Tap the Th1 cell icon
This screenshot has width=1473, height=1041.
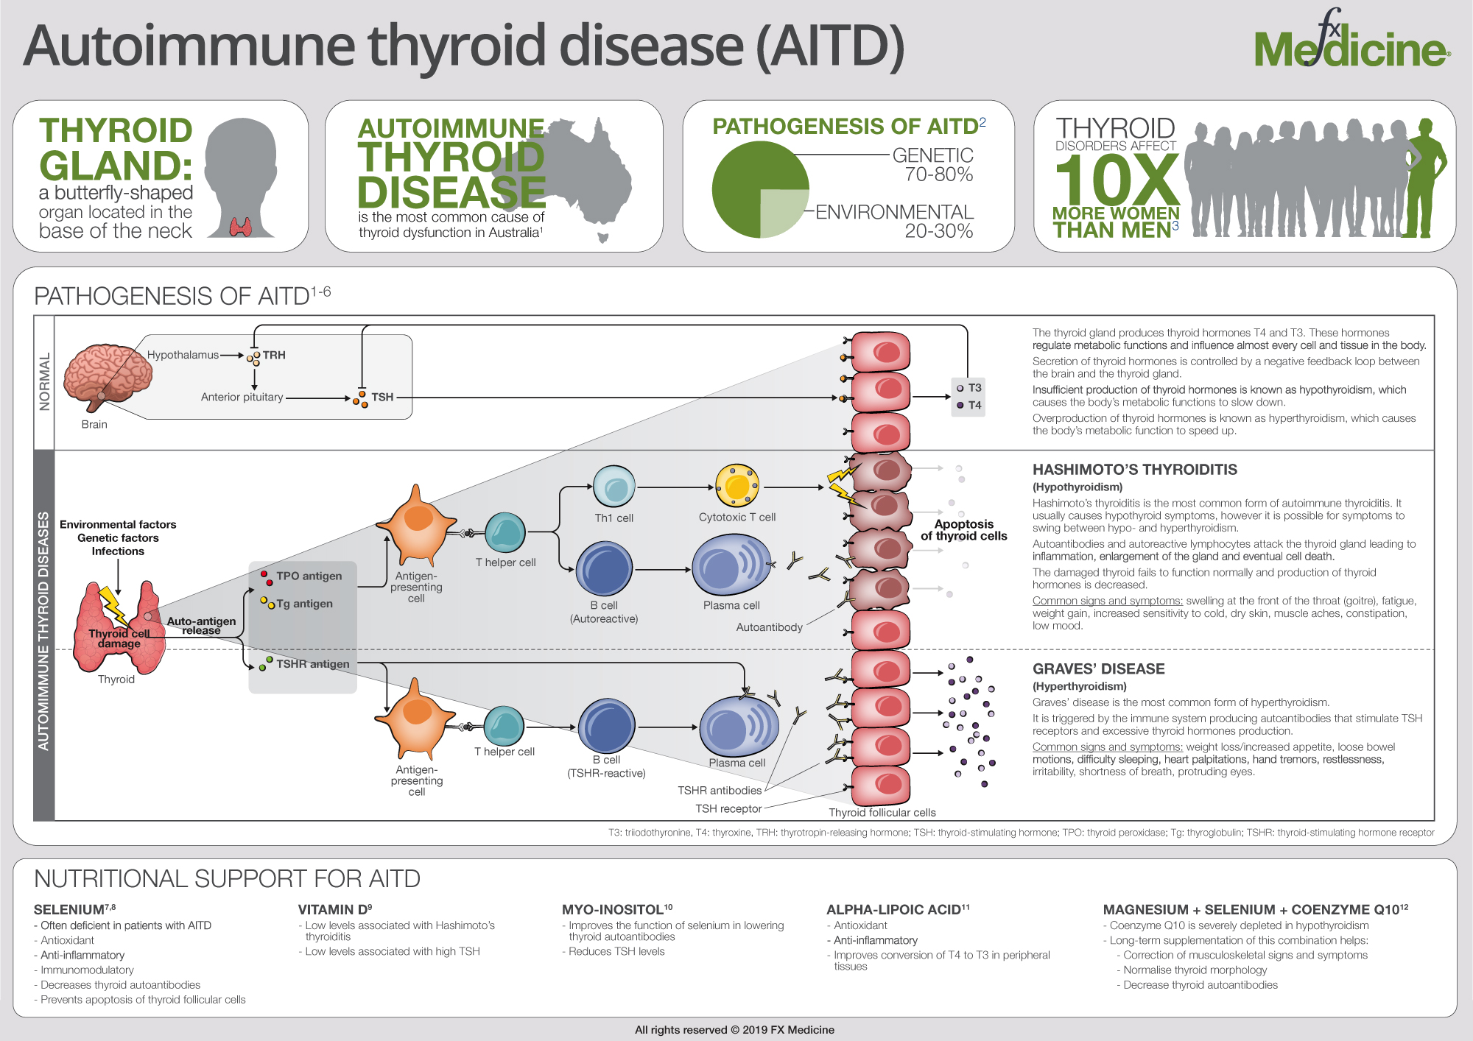[614, 487]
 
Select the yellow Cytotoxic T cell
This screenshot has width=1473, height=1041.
[737, 485]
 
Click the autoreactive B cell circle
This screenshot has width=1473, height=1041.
[604, 568]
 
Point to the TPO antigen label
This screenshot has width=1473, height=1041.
[309, 576]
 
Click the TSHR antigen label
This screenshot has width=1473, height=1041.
[313, 663]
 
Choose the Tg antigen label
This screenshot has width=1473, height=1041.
[305, 604]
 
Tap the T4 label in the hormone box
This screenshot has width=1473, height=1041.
[974, 405]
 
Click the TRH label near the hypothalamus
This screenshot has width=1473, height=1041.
[274, 355]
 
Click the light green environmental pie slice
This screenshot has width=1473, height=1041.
[784, 214]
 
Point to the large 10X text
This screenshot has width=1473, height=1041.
[1117, 180]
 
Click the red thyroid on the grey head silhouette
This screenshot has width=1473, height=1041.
[241, 226]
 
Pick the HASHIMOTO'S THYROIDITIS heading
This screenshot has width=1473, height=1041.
[1134, 470]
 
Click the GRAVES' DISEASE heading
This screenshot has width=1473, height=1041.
[1098, 669]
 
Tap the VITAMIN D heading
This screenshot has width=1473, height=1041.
[335, 909]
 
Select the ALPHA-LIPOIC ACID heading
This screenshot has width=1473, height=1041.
[898, 909]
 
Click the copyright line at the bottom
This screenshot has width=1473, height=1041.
[734, 1030]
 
